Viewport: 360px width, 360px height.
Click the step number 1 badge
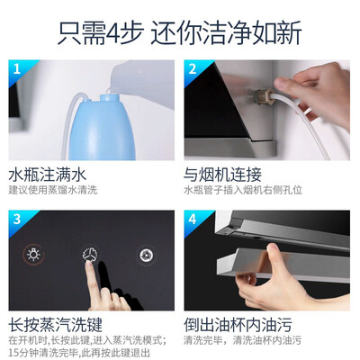point(17,69)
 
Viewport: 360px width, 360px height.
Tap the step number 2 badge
point(193,69)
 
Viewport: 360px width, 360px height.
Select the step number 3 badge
point(17,220)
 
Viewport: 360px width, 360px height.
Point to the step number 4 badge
point(193,220)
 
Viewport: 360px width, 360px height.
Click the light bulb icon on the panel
point(33,255)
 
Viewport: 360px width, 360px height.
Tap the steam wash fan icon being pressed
point(90,255)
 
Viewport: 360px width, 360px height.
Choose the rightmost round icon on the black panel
point(147,256)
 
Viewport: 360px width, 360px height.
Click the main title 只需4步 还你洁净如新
point(179,32)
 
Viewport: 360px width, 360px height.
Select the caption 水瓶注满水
point(47,175)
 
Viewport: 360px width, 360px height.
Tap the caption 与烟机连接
point(222,175)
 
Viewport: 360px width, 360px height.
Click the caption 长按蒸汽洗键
point(55,325)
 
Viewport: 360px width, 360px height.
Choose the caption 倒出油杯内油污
point(238,325)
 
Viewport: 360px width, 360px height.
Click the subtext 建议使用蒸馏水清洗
point(53,190)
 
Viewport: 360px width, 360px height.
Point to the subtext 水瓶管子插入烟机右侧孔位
point(243,190)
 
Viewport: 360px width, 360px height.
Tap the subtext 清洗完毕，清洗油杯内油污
point(242,340)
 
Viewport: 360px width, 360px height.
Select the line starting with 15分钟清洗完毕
point(79,352)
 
